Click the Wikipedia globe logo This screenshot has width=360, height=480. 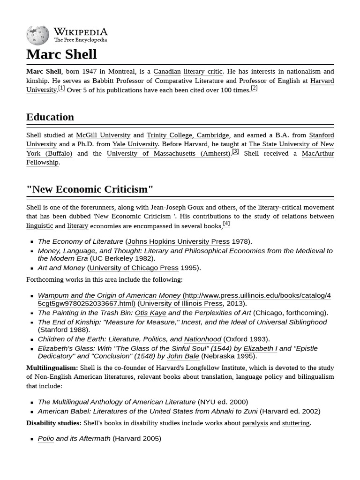point(37,35)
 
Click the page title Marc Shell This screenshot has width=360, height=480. point(61,54)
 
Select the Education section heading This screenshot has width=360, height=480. point(50,117)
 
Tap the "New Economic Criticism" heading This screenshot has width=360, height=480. point(90,189)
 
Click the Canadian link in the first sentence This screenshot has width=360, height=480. point(167,72)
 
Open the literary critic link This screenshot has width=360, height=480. point(203,72)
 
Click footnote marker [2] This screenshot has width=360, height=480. point(254,88)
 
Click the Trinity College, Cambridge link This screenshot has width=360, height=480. point(187,135)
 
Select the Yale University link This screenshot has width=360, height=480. point(135,144)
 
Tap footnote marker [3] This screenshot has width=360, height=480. point(235,151)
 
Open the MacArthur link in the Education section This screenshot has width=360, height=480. point(317,153)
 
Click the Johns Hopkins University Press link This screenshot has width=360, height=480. point(178,241)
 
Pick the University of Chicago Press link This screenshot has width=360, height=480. point(134,268)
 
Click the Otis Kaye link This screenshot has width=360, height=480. point(150,313)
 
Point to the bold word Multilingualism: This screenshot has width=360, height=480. point(52,367)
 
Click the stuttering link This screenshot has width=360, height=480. point(295,423)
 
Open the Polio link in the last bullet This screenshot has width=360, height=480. point(45,439)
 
